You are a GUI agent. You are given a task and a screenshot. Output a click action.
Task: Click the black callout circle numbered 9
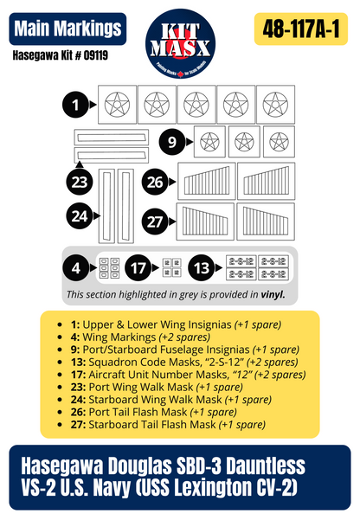[x=172, y=140]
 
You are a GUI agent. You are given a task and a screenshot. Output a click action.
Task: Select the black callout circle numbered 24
[x=80, y=215]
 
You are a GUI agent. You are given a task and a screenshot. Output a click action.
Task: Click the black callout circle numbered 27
[x=155, y=221]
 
